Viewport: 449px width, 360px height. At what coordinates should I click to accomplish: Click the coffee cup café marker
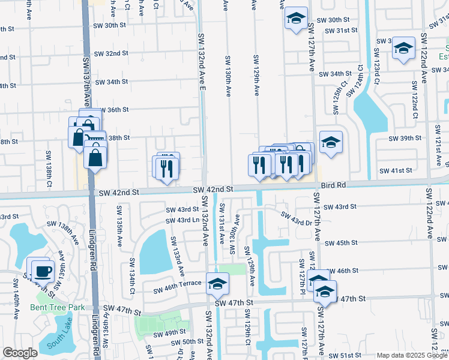(x=43, y=270)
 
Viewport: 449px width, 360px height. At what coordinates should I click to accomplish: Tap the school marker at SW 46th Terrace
(x=217, y=283)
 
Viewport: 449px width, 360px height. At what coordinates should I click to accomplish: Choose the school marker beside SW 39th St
(x=330, y=143)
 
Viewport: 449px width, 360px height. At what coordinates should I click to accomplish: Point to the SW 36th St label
(x=112, y=110)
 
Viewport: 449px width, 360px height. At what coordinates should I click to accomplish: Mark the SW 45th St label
(x=341, y=243)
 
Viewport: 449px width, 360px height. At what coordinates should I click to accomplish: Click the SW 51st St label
(x=345, y=355)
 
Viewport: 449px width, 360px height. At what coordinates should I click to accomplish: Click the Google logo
(x=20, y=353)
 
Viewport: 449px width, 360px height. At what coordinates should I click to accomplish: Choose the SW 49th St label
(x=170, y=334)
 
